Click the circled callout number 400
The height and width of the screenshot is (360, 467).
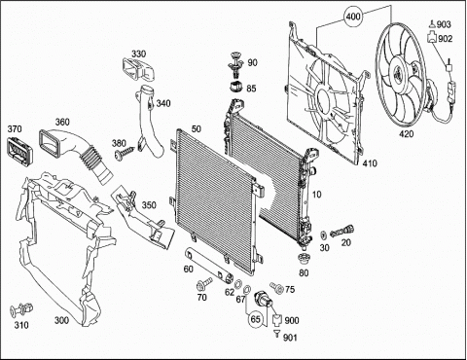point(353,16)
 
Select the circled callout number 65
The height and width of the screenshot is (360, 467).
point(256,319)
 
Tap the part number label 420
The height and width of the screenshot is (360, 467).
point(406,133)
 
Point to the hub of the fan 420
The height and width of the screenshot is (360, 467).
point(400,74)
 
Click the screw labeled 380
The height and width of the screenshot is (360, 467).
point(125,153)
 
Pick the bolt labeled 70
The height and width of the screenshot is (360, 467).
point(204,283)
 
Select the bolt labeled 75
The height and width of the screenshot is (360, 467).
point(276,286)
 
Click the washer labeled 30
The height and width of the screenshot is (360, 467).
point(324,234)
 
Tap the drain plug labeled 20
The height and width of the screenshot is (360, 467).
point(342,232)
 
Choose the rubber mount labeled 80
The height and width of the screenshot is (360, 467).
point(305,260)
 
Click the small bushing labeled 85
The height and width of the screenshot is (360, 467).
point(237,87)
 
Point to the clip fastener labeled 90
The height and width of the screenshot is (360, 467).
point(236,65)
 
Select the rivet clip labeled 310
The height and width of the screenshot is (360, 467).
point(21,309)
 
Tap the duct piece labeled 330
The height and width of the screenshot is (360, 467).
point(139,69)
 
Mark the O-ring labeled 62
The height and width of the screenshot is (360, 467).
point(237,284)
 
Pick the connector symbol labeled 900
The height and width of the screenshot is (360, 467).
point(276,321)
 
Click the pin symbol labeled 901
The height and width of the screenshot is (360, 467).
point(276,334)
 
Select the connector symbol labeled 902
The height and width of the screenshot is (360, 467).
point(432,37)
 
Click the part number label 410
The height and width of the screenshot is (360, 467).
point(370,163)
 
